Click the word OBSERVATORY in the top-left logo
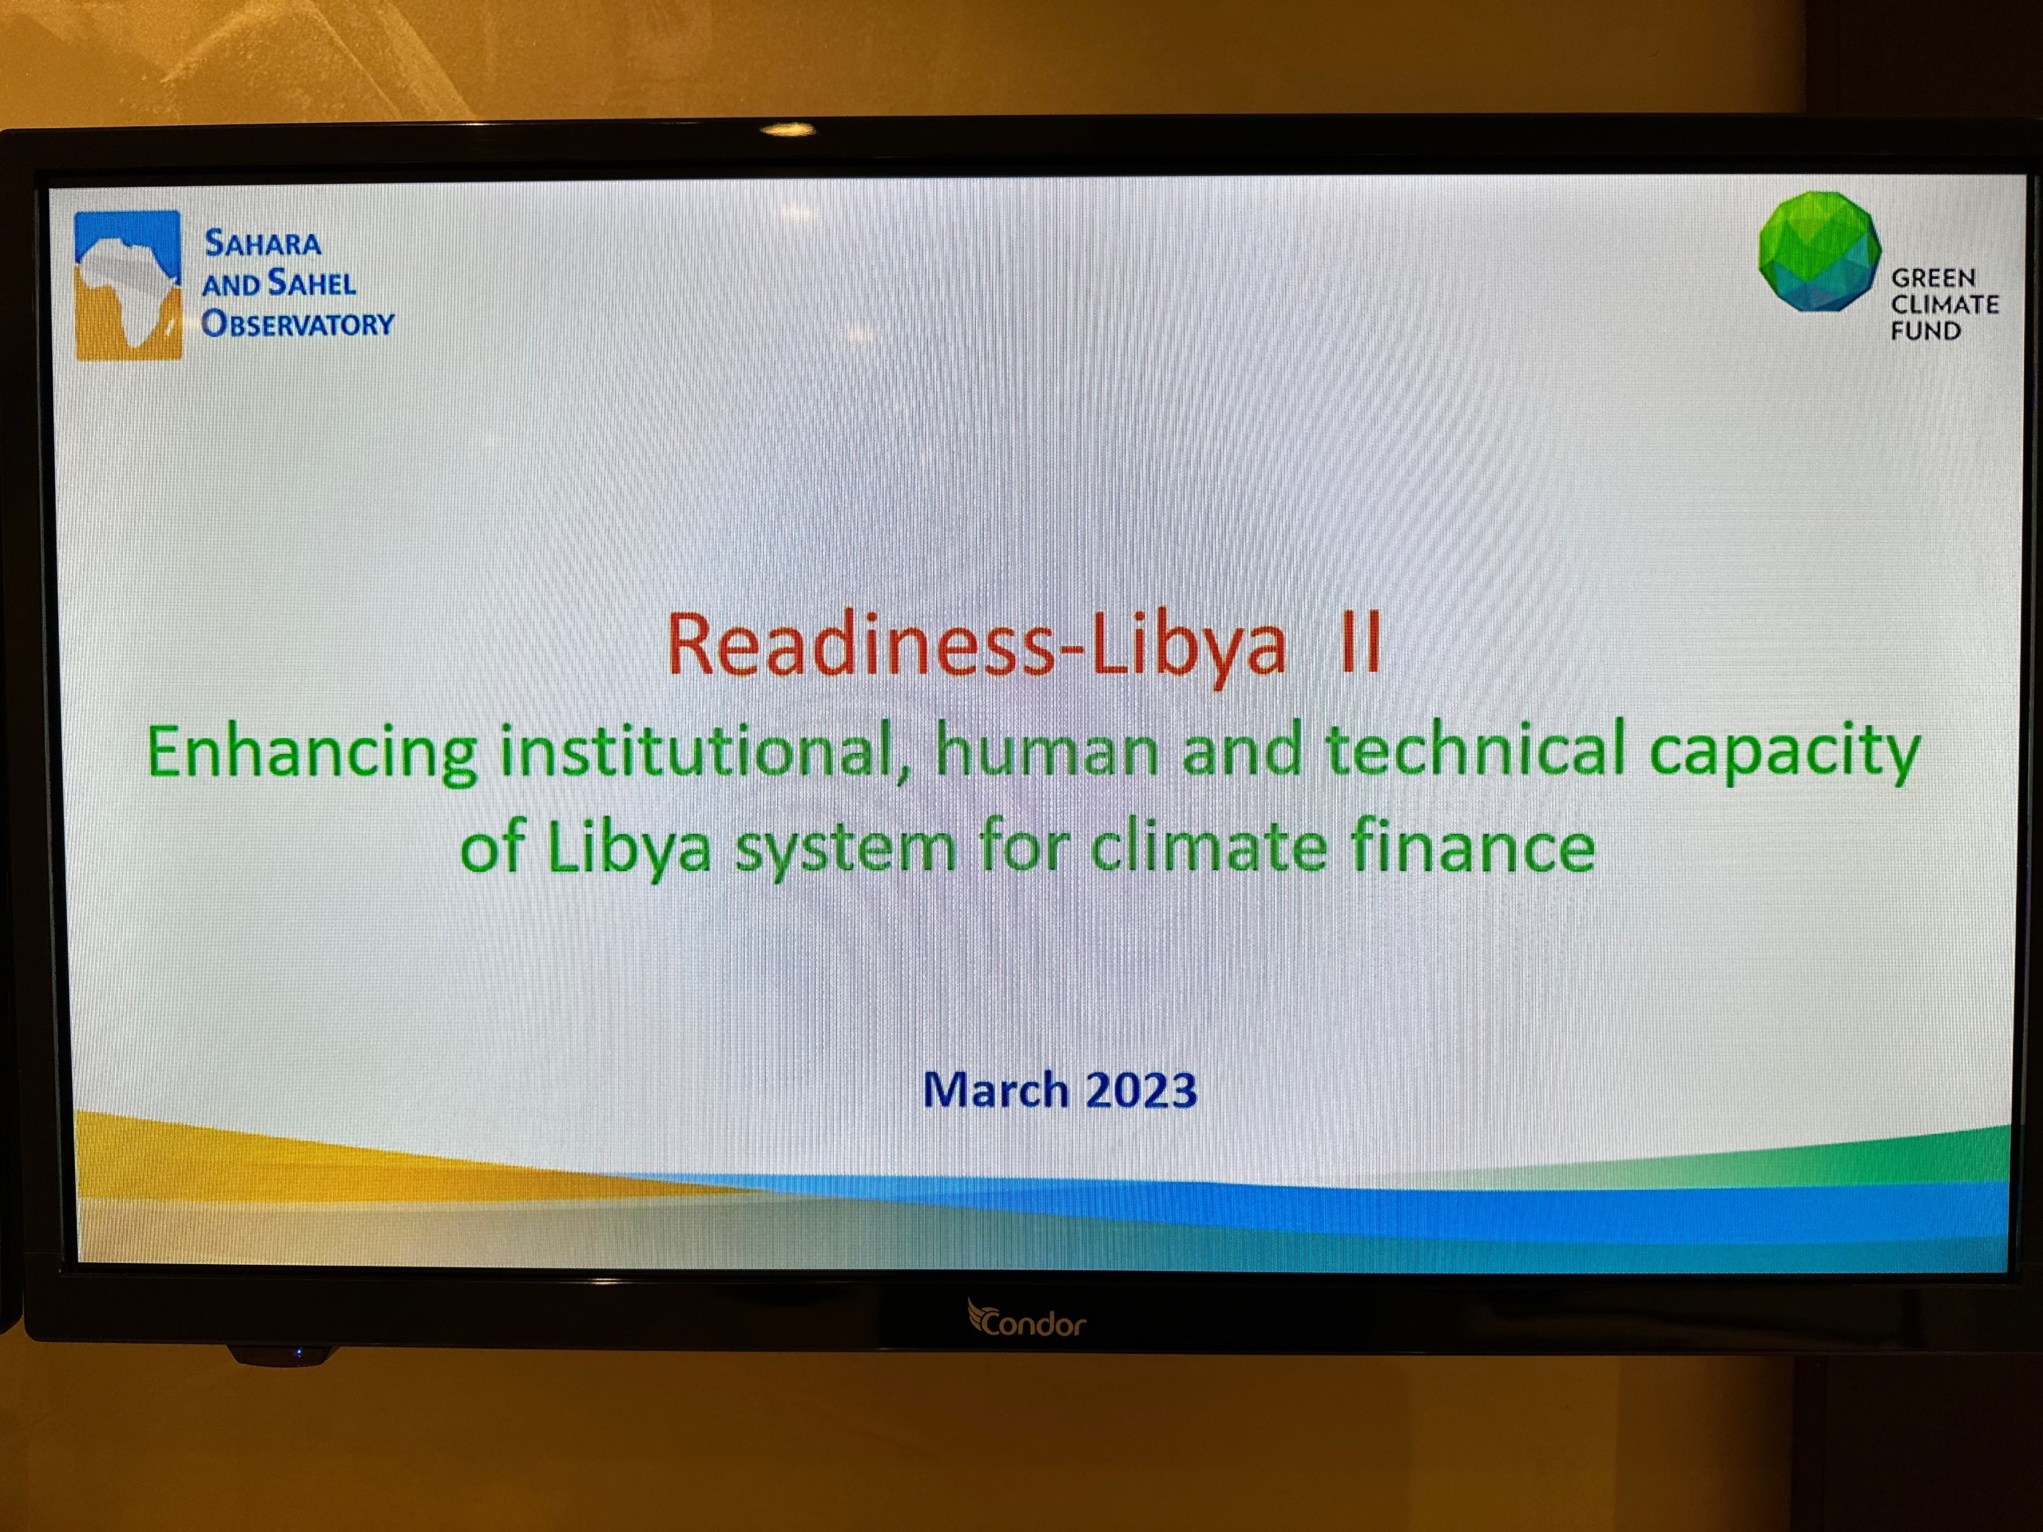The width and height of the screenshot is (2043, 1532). click(x=297, y=323)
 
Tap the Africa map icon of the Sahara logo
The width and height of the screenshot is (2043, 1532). click(x=128, y=286)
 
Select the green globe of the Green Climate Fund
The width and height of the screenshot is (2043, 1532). click(x=1819, y=251)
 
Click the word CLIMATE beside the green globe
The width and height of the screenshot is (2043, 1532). click(x=1944, y=304)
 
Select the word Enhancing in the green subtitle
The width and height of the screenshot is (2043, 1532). click(x=312, y=753)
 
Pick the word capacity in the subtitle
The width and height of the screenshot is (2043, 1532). click(x=1785, y=753)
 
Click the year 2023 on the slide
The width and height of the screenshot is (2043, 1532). click(x=1141, y=1090)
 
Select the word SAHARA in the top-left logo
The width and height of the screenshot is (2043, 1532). click(x=263, y=243)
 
